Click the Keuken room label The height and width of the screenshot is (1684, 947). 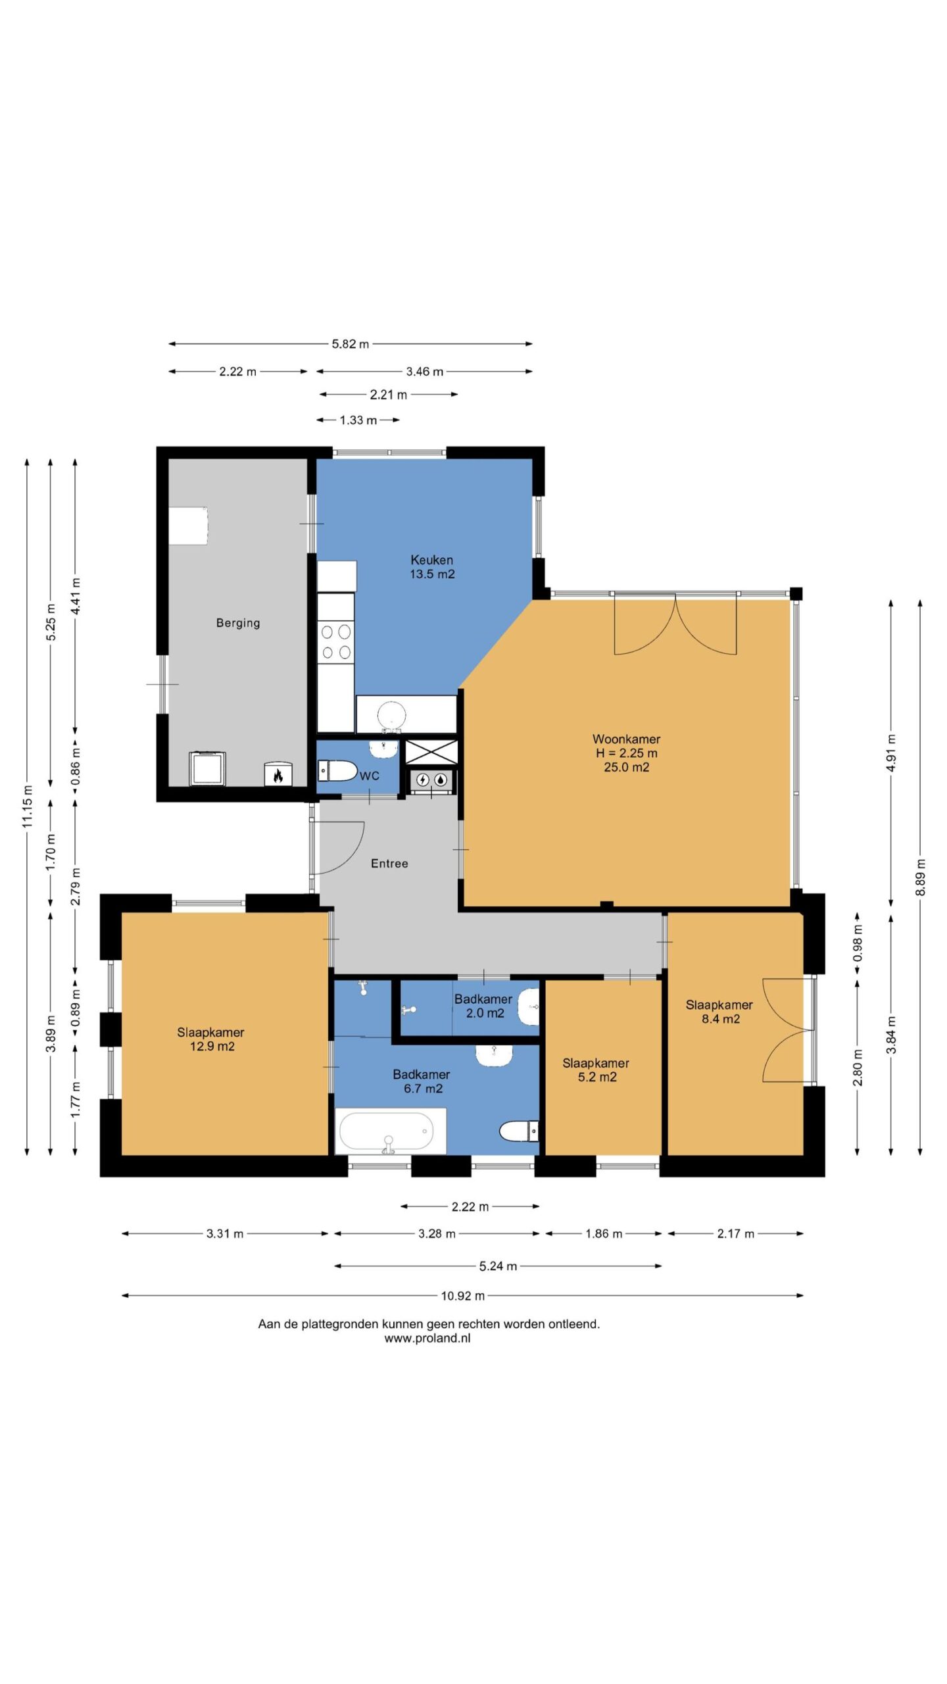432,560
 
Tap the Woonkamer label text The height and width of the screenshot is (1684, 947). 626,739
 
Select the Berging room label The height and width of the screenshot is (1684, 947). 238,623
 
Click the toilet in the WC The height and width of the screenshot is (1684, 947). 337,770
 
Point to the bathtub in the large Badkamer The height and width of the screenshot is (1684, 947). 391,1131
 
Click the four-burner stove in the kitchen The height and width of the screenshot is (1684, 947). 336,643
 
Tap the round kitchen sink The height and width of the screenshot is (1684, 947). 392,717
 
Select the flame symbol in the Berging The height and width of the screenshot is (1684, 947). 278,776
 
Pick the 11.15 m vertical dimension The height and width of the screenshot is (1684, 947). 27,806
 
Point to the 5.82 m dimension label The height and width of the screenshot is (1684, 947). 351,343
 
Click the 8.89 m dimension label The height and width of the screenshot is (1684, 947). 921,877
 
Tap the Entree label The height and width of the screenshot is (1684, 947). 389,863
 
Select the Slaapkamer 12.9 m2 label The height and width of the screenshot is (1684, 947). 211,1039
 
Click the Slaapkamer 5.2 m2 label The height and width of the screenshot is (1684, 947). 596,1070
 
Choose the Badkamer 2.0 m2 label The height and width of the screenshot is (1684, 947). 483,1006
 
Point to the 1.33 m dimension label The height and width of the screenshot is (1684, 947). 358,420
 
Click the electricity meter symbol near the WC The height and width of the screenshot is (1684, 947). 423,780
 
